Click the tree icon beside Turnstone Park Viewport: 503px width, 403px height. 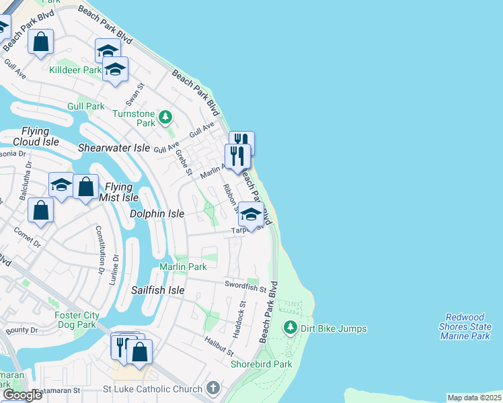165,118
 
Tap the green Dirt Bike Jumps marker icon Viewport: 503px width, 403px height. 291,328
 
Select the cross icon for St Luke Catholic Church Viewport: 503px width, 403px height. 213,388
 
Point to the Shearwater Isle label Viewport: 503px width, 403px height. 114,147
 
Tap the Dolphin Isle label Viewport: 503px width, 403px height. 157,214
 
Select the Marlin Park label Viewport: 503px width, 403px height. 183,267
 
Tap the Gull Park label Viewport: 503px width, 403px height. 86,106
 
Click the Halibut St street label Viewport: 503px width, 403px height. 219,347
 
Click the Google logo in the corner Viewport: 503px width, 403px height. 22,395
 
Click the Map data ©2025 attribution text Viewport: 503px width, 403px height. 474,398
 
